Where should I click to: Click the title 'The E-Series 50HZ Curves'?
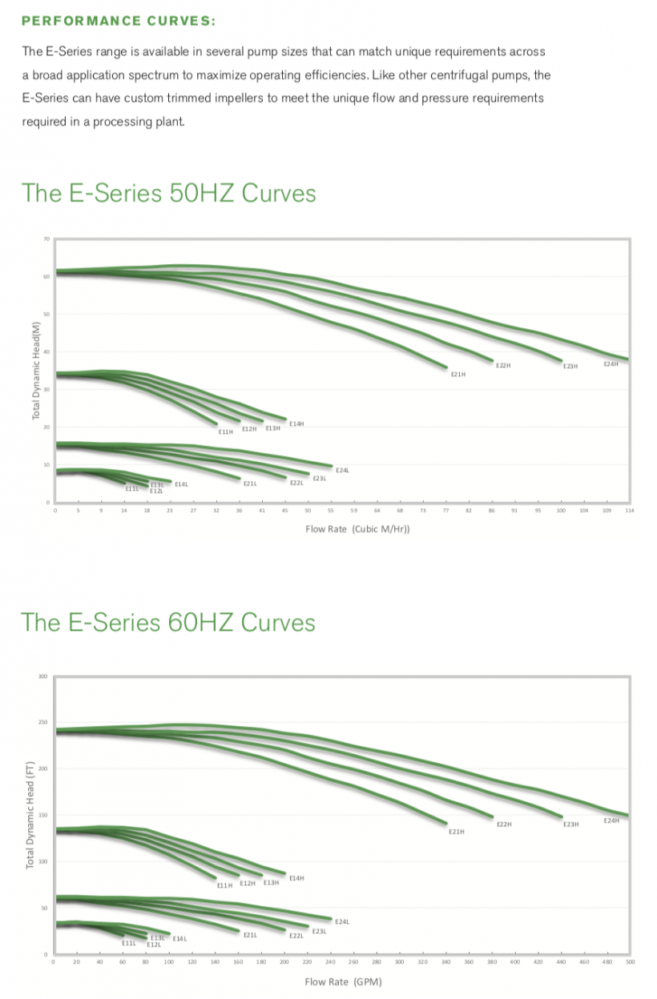pyautogui.click(x=168, y=193)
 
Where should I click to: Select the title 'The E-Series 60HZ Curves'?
pyautogui.click(x=168, y=622)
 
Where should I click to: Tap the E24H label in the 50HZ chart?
pyautogui.click(x=611, y=364)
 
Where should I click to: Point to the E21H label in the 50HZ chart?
pyautogui.click(x=457, y=374)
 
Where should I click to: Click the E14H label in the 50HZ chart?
pyautogui.click(x=296, y=423)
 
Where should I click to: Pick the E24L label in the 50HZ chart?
pyautogui.click(x=342, y=470)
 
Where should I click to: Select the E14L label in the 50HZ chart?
pyautogui.click(x=181, y=484)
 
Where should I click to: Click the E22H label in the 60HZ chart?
pyautogui.click(x=504, y=824)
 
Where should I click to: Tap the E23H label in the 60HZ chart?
pyautogui.click(x=570, y=824)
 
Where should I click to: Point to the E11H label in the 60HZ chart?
pyautogui.click(x=224, y=885)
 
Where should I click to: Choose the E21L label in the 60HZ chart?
pyautogui.click(x=250, y=934)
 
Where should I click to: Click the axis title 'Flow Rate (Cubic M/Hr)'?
pyautogui.click(x=357, y=529)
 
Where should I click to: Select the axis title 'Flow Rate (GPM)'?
pyautogui.click(x=343, y=982)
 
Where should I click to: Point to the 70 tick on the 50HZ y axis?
pyautogui.click(x=46, y=239)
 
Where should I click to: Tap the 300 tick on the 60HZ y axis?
pyautogui.click(x=42, y=677)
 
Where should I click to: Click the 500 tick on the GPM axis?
pyautogui.click(x=630, y=961)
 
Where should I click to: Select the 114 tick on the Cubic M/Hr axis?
pyautogui.click(x=629, y=509)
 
